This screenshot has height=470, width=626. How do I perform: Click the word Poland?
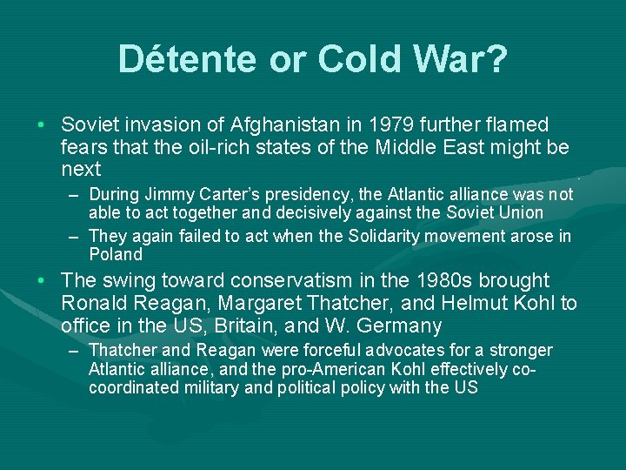[x=115, y=255]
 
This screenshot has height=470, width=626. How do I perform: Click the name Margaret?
[x=263, y=304]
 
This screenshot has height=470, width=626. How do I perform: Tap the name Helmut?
[x=478, y=304]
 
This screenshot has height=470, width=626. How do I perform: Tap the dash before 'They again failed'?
[x=76, y=237]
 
